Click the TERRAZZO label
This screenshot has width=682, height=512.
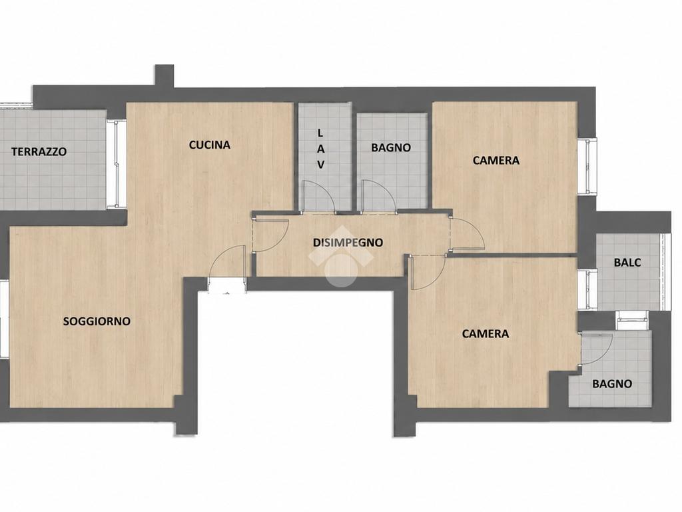click(39, 152)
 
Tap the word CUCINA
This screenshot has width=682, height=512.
click(210, 145)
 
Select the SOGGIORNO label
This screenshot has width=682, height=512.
click(97, 321)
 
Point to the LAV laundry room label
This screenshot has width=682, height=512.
click(321, 149)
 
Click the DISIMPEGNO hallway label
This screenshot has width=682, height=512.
click(348, 243)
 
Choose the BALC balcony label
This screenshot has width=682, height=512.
click(627, 263)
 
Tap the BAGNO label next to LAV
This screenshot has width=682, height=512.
click(391, 147)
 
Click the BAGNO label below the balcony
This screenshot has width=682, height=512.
click(613, 384)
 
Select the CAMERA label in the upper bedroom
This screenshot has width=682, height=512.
click(496, 161)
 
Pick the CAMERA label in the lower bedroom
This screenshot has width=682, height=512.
click(486, 334)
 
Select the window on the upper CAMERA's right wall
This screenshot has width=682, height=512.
click(587, 166)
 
